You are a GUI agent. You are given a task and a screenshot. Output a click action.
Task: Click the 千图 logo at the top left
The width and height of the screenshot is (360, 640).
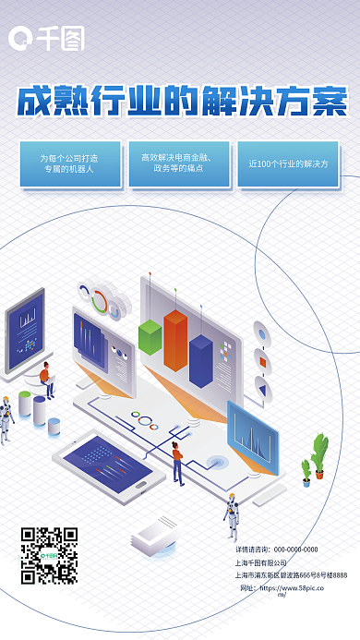pos(46,38)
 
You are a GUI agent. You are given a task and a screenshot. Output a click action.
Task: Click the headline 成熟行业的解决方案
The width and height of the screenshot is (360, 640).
pos(182,101)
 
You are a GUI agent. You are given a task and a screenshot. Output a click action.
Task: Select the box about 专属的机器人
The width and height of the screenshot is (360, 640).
pos(69,163)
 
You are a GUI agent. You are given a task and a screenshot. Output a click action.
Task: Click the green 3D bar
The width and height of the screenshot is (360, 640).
pos(150,337)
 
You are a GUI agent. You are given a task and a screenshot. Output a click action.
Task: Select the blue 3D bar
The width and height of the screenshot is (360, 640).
pos(200,358)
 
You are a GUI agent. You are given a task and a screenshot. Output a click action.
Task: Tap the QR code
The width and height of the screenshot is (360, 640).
pos(49,555)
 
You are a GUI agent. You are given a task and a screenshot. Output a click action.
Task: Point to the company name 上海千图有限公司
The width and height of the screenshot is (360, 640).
pos(261,562)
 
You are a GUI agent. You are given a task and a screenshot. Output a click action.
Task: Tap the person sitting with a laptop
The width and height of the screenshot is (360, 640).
pos(46,380)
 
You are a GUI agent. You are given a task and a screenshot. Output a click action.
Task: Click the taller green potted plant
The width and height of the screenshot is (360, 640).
pos(320,454)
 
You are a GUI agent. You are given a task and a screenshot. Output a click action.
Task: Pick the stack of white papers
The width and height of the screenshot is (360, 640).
pos(150,536)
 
